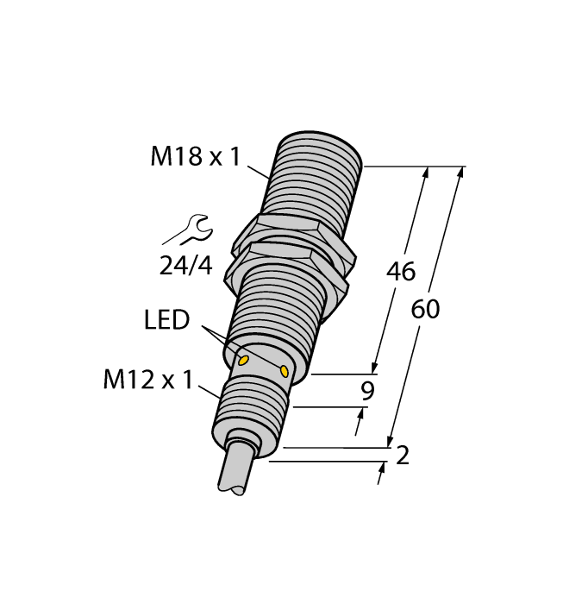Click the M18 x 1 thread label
click(197, 157)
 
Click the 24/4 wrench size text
click(185, 266)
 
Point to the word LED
click(166, 321)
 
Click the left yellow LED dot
click(243, 360)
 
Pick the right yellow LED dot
click(284, 371)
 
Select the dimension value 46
click(400, 272)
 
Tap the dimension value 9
click(367, 391)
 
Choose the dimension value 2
click(402, 455)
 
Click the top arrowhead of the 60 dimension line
click(460, 173)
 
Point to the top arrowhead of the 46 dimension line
click(424, 173)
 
